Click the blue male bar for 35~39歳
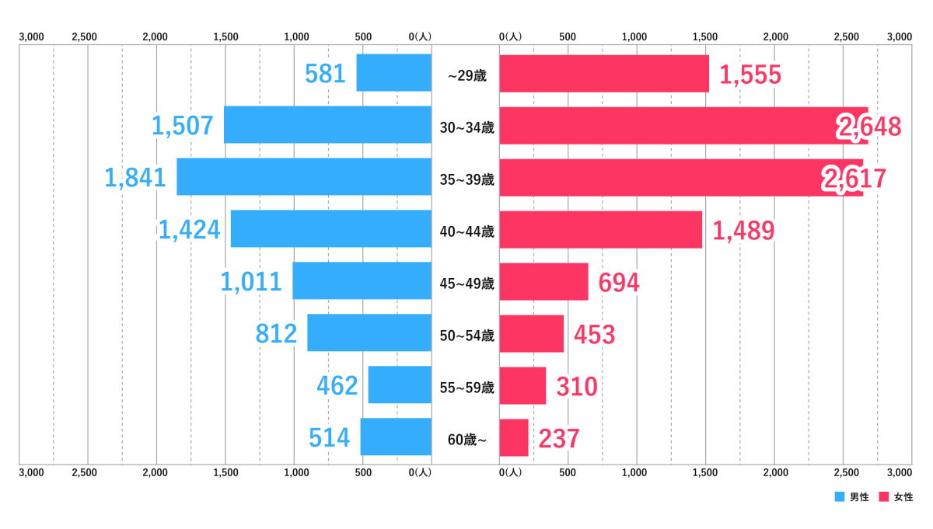coord(304,177)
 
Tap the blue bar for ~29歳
coord(393,73)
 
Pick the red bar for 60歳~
coord(514,438)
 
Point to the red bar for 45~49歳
coord(543,282)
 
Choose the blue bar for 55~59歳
coord(400,385)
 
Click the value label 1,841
coord(136,178)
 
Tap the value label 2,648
coord(869,127)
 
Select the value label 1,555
coord(750,75)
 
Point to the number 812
coord(277,334)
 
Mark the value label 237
coord(559,439)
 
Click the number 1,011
coord(251,282)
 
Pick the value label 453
coord(595,335)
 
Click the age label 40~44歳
coord(466,231)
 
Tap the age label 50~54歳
coord(466,336)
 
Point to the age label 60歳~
coord(466,440)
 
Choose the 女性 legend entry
coord(896,497)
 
